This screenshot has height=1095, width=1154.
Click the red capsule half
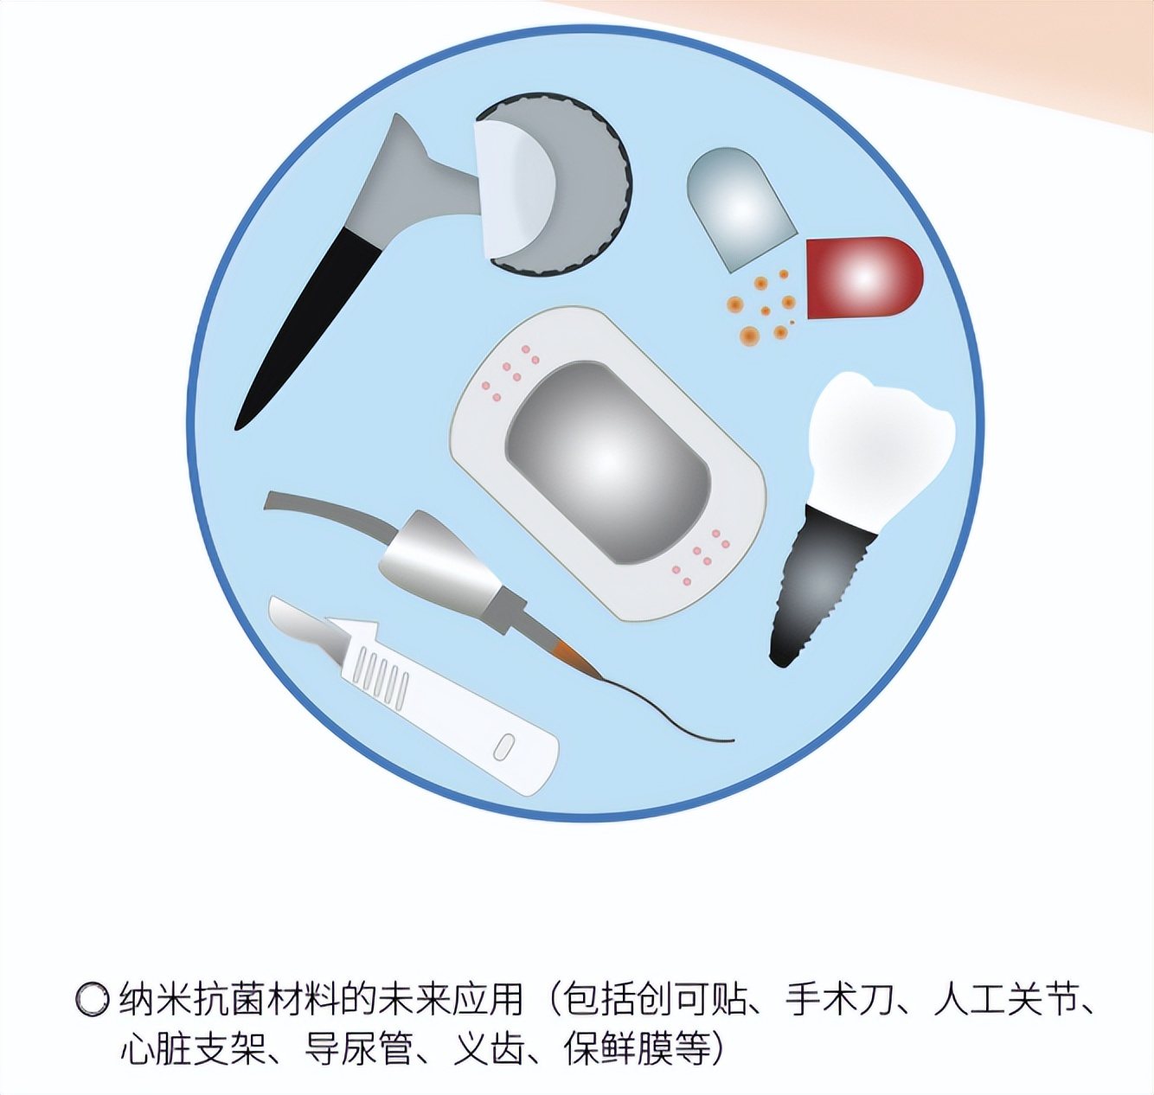click(863, 278)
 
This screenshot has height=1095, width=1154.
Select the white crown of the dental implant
click(879, 441)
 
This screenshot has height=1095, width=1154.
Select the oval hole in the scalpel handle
click(503, 746)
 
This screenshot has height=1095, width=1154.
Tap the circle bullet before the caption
click(92, 1000)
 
